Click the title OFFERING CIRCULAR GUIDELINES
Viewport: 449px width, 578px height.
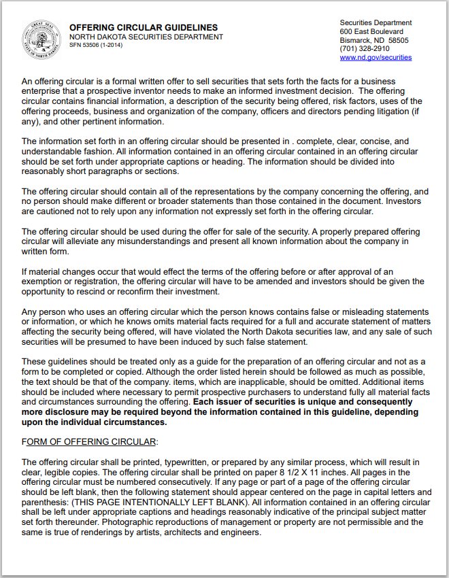(x=144, y=28)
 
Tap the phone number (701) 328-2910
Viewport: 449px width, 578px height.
(x=365, y=49)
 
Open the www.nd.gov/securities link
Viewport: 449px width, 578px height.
(x=376, y=58)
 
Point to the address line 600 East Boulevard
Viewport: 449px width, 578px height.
(x=371, y=31)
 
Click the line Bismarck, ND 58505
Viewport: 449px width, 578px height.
(x=374, y=40)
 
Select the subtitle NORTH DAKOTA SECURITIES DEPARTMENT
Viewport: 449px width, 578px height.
(x=146, y=37)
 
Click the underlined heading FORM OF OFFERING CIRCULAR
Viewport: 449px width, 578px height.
(x=88, y=441)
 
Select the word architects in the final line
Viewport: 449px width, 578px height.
(x=187, y=532)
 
